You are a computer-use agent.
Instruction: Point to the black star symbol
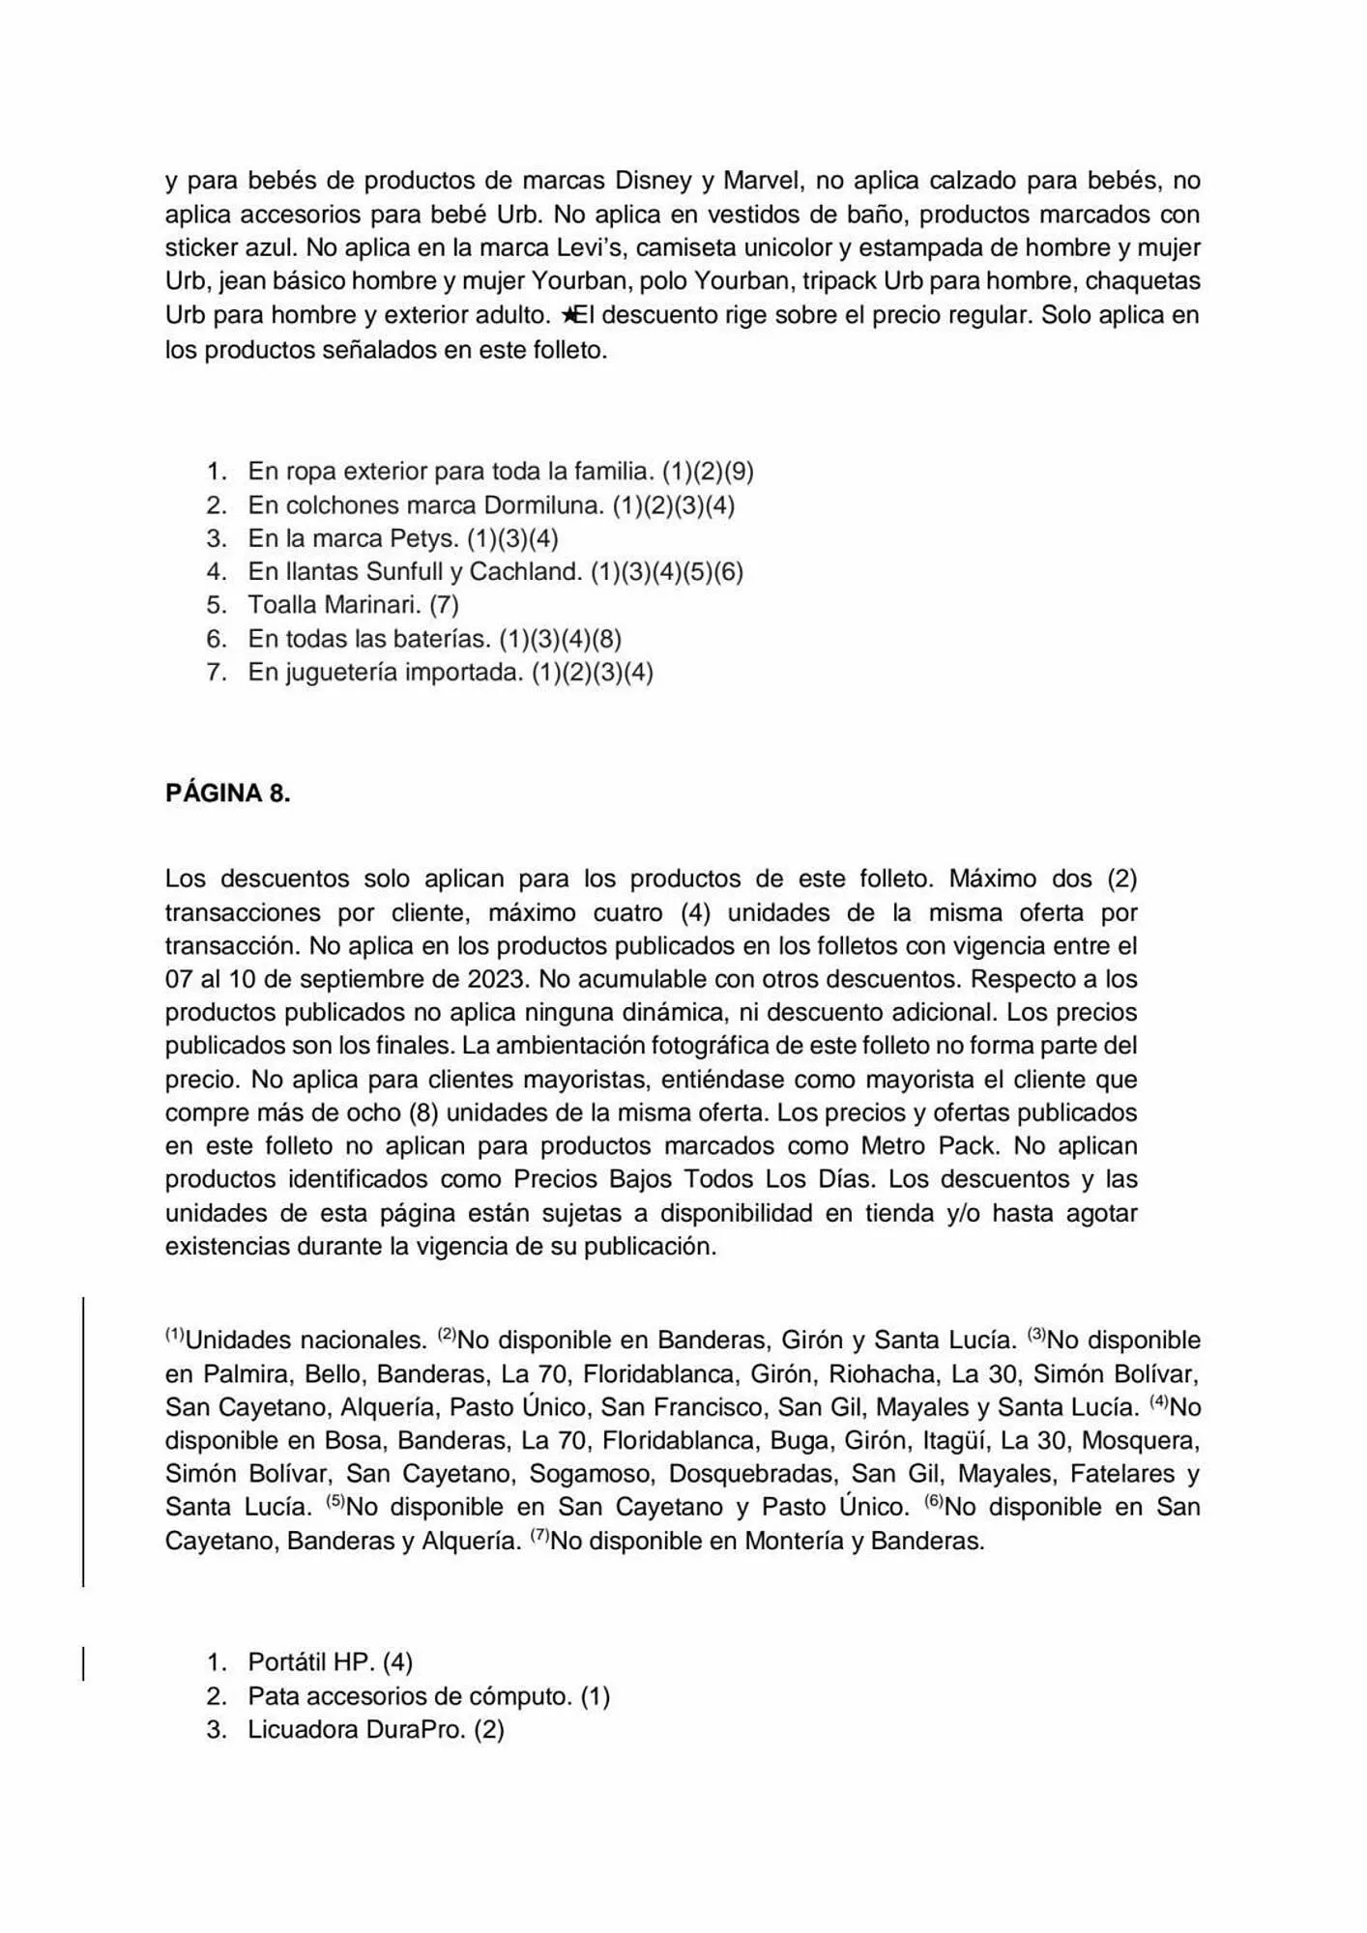pos(569,315)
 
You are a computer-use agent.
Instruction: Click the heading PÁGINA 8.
pos(227,793)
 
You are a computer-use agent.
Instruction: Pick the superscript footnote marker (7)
pos(539,1534)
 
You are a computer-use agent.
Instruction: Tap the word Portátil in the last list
pos(287,1662)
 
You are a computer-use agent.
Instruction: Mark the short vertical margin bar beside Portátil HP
pos(83,1663)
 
